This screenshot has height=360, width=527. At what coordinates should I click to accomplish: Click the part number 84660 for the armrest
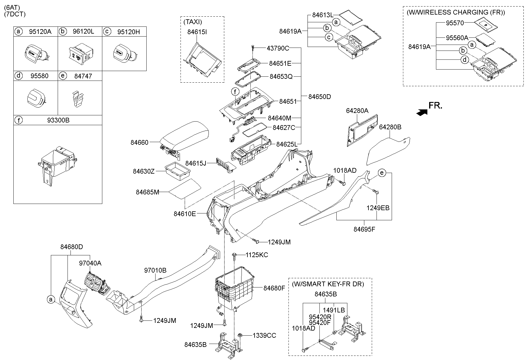pyautogui.click(x=139, y=143)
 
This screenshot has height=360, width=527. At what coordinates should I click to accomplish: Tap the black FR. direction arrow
pyautogui.click(x=422, y=112)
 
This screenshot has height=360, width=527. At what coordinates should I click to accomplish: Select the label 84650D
pyautogui.click(x=319, y=97)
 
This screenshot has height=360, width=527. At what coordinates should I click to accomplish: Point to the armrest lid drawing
pyautogui.click(x=184, y=134)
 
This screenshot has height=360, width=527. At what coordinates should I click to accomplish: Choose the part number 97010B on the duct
pyautogui.click(x=155, y=271)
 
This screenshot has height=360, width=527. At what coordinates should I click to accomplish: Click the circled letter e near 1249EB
pyautogui.click(x=382, y=173)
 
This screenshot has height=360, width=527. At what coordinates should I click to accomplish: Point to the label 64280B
pyautogui.click(x=390, y=127)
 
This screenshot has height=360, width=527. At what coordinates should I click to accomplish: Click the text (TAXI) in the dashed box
pyautogui.click(x=192, y=22)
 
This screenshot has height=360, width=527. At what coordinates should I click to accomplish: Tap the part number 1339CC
pyautogui.click(x=264, y=335)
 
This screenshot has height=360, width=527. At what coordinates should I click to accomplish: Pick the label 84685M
pyautogui.click(x=148, y=192)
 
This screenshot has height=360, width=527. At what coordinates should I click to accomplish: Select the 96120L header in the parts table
pyautogui.click(x=83, y=32)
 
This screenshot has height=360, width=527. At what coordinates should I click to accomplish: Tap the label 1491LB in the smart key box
pyautogui.click(x=334, y=310)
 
